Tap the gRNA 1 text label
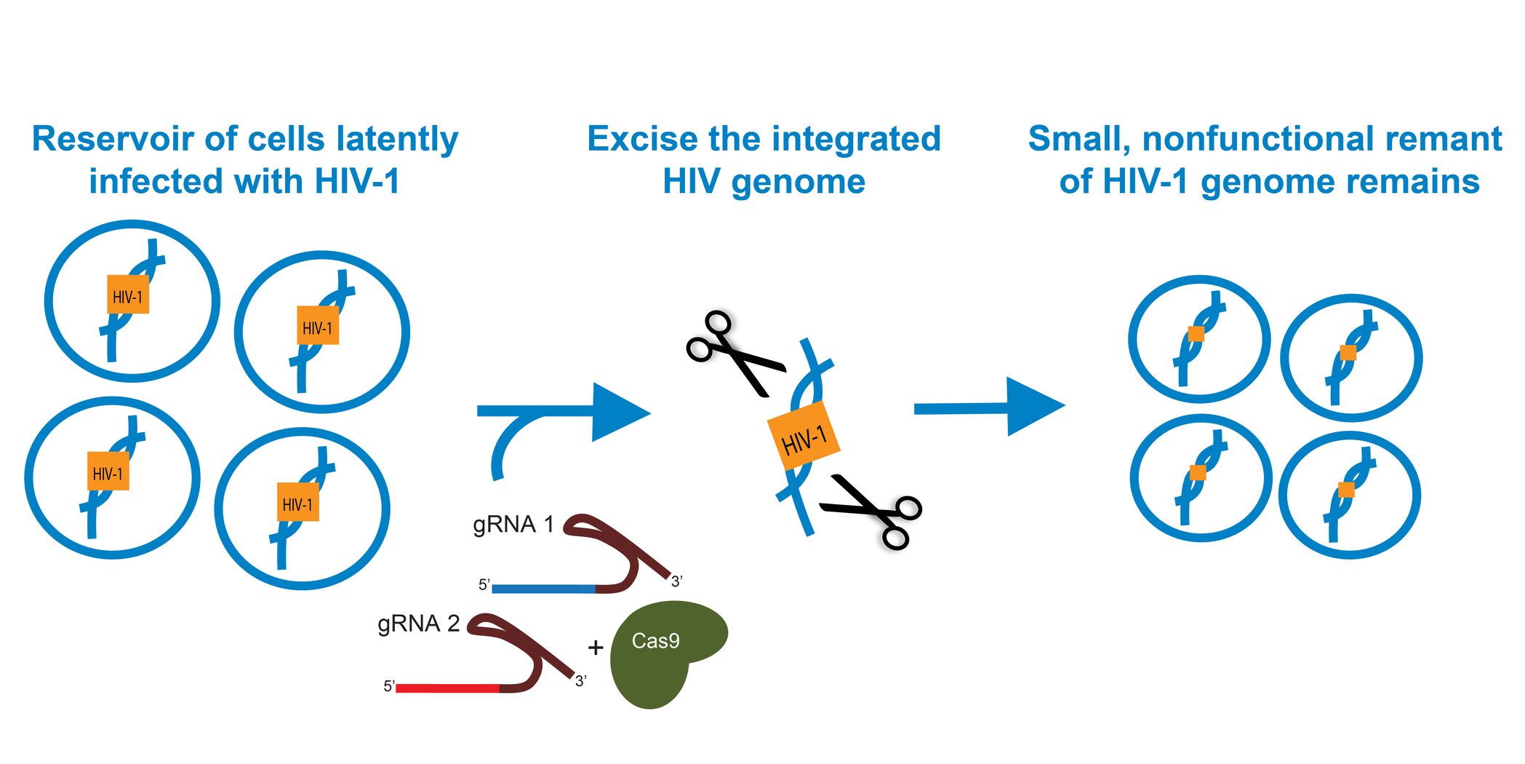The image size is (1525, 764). (513, 524)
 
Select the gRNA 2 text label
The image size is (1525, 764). (418, 624)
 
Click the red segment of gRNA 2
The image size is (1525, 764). (447, 688)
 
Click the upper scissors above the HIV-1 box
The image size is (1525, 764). (731, 353)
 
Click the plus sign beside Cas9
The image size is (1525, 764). (596, 647)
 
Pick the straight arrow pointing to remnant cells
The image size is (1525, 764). (989, 407)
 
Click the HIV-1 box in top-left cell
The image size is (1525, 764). (128, 295)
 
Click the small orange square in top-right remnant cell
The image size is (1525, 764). (1348, 353)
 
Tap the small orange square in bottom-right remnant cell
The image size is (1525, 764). (1346, 490)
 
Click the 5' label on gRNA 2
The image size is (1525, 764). (388, 686)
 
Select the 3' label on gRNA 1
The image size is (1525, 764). (676, 581)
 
